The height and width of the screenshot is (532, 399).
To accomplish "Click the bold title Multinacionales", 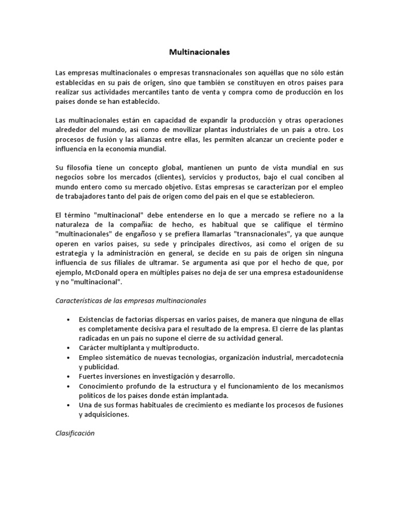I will point(199,52).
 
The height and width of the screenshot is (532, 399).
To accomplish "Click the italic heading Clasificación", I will point(74,433).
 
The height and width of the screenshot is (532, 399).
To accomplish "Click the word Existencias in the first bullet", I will point(97,319).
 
